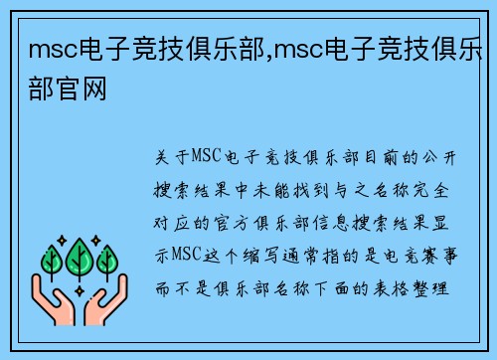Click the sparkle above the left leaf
pos(63,240)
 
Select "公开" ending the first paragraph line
pos(437,157)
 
